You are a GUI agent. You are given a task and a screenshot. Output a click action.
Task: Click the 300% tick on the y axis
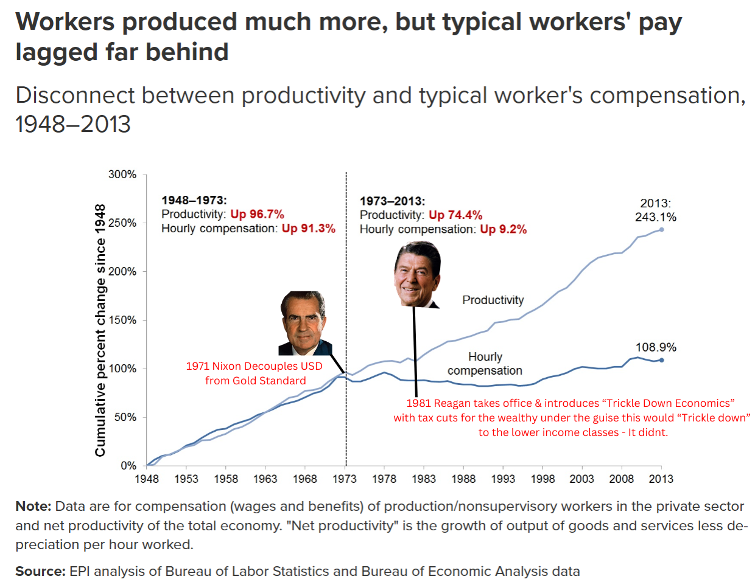122,175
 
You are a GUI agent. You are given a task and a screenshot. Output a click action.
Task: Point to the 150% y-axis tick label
122,320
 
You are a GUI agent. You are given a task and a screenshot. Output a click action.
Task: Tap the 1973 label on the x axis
345,479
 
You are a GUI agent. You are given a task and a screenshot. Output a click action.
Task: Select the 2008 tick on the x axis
621,479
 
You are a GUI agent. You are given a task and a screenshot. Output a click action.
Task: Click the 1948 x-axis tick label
147,479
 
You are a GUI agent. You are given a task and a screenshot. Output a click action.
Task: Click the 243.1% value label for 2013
656,217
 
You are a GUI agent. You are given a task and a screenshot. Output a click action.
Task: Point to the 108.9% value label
656,347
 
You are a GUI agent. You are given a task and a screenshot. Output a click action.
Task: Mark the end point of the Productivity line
662,229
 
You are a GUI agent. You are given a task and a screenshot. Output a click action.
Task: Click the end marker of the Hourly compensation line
662,360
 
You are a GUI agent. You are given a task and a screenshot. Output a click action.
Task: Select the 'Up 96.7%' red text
257,214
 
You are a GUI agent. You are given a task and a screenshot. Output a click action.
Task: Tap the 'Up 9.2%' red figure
503,229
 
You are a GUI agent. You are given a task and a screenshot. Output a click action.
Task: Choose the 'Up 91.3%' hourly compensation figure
308,229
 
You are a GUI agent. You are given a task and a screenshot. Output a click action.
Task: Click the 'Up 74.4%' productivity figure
455,215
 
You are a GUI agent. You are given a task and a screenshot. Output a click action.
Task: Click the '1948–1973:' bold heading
194,200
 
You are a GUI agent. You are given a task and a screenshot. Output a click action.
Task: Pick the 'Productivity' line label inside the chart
493,300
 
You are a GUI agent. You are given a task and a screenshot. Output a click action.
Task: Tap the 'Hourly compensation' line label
485,364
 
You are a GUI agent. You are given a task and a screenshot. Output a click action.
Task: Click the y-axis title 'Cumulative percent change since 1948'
100,330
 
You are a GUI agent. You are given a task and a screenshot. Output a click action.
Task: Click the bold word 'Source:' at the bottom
40,571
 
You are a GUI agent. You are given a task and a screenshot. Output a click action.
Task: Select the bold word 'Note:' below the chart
33,506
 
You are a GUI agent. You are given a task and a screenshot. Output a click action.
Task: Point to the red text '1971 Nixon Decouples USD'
254,366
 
